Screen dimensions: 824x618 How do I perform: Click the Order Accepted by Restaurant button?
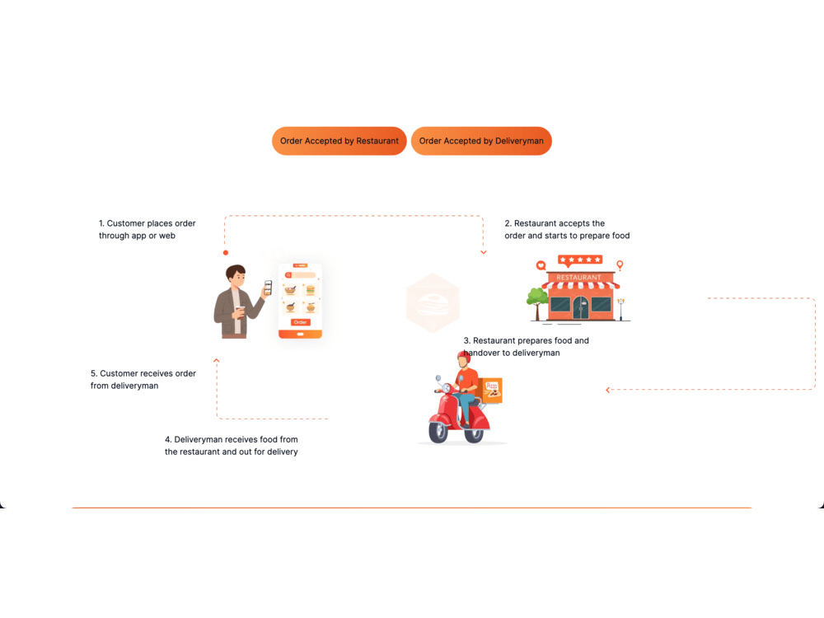(x=339, y=141)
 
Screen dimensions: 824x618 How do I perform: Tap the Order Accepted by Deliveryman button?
(x=481, y=141)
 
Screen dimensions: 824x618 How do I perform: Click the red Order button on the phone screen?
(x=300, y=322)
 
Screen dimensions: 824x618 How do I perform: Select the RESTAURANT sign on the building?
(x=578, y=278)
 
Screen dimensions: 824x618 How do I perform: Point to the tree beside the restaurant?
(x=537, y=303)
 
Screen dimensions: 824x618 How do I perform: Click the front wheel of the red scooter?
(x=438, y=432)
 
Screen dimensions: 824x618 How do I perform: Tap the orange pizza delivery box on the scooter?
(x=491, y=391)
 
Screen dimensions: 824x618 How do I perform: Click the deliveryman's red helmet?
(x=463, y=357)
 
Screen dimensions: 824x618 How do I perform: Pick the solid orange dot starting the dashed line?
(x=226, y=253)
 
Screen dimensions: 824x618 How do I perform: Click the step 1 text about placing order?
(x=147, y=230)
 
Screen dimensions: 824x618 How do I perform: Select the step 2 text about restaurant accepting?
(x=567, y=230)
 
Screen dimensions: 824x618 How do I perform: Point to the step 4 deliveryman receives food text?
(x=232, y=446)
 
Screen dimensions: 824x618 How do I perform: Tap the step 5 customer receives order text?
(x=143, y=379)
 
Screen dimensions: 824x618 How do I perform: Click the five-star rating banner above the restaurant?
(x=579, y=260)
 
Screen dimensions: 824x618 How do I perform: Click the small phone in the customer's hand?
(x=268, y=288)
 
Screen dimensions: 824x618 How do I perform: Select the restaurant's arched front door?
(x=580, y=307)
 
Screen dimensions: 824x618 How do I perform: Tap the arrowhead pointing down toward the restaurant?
(x=484, y=253)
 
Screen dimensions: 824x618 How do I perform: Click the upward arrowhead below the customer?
(x=216, y=361)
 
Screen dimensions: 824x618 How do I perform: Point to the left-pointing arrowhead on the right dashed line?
(x=608, y=390)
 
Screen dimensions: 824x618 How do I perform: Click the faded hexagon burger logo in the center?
(x=433, y=303)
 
